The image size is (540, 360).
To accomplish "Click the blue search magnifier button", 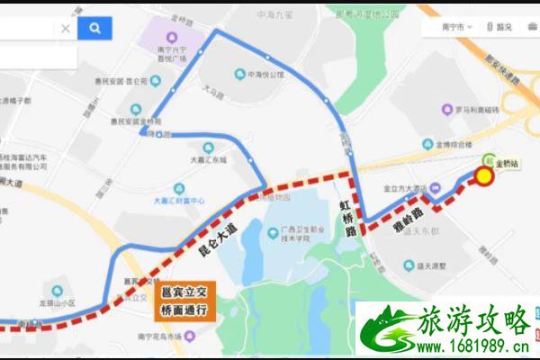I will pyautogui.click(x=94, y=29).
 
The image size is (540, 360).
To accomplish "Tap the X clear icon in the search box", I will pyautogui.click(x=66, y=29).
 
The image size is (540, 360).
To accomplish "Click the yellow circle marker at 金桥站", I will pyautogui.click(x=484, y=176).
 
